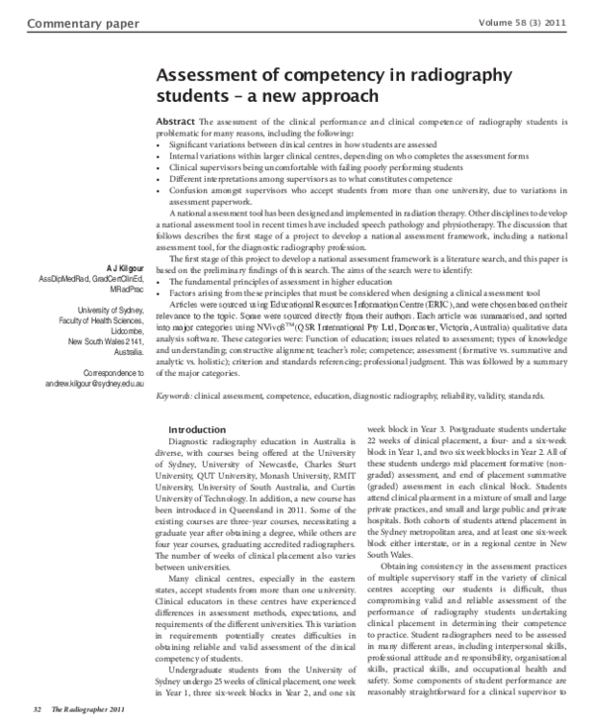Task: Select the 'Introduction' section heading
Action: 197,429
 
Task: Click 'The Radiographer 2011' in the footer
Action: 88,709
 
